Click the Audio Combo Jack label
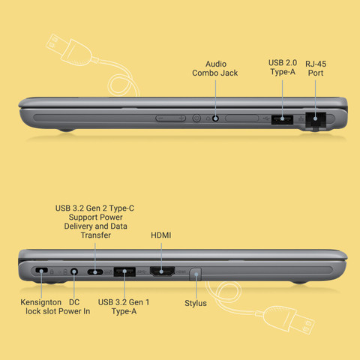click(x=215, y=68)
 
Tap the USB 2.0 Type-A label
click(x=283, y=67)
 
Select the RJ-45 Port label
click(x=316, y=68)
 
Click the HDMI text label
click(x=161, y=235)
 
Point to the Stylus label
click(x=196, y=303)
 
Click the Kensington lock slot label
click(x=41, y=307)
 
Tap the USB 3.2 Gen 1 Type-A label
click(x=124, y=307)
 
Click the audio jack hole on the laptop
click(x=215, y=118)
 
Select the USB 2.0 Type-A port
click(x=282, y=119)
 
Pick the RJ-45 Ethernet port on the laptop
click(x=316, y=120)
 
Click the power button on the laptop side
click(x=196, y=118)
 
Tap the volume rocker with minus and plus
click(x=171, y=118)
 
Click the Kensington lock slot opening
click(x=41, y=270)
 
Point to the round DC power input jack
click(x=73, y=271)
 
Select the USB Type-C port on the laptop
click(x=95, y=271)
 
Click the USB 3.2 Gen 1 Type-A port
click(x=124, y=271)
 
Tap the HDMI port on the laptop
click(x=162, y=271)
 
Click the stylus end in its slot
click(x=195, y=274)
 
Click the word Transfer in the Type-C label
click(x=96, y=235)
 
